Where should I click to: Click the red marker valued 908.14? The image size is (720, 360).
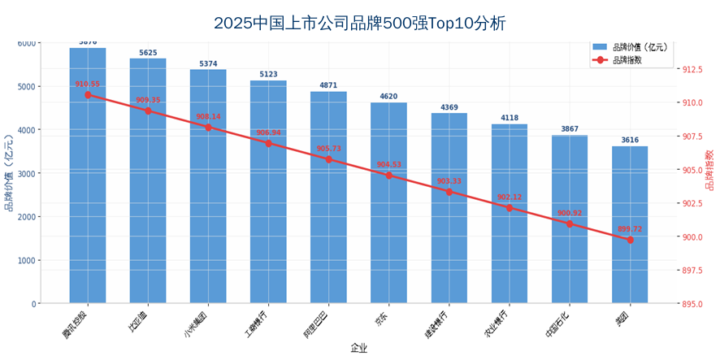tap(208, 128)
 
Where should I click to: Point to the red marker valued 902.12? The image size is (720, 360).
tap(510, 208)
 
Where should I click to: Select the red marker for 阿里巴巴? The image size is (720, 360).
tap(328, 159)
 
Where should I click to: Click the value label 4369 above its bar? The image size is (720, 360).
tap(449, 107)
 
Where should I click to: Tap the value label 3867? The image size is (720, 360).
tap(570, 129)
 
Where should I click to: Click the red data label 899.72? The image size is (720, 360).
tap(630, 229)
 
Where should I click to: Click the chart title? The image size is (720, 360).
tap(359, 23)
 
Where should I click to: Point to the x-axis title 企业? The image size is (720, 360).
tap(358, 349)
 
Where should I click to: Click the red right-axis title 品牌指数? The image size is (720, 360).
tap(709, 170)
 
